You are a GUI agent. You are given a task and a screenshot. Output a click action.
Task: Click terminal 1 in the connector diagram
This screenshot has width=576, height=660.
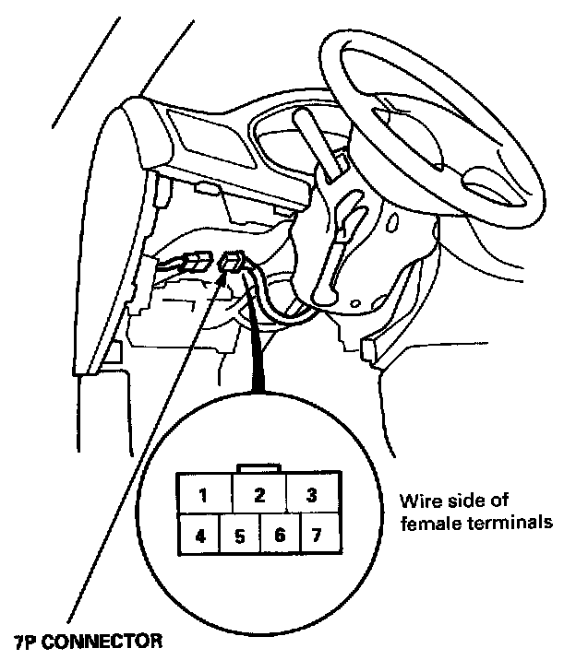pyautogui.click(x=203, y=495)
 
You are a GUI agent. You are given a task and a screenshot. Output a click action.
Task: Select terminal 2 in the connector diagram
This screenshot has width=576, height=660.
pyautogui.click(x=259, y=495)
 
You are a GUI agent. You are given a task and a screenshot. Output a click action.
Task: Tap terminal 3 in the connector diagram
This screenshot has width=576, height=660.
pyautogui.click(x=312, y=495)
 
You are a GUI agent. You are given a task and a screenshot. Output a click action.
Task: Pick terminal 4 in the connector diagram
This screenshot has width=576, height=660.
pyautogui.click(x=198, y=535)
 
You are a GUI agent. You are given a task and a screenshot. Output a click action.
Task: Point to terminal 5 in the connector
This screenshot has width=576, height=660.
pyautogui.click(x=238, y=535)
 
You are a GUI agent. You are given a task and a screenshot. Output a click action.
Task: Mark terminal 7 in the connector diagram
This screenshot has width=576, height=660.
pyautogui.click(x=317, y=535)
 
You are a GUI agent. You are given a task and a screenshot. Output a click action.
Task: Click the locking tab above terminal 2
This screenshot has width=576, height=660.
pyautogui.click(x=259, y=468)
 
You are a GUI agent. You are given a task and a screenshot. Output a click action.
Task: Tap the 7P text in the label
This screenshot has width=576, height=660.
pyautogui.click(x=27, y=639)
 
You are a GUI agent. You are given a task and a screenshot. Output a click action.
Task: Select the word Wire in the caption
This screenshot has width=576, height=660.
pyautogui.click(x=417, y=502)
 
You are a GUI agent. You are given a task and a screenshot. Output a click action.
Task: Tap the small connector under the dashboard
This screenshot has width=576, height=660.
pyautogui.click(x=233, y=264)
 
